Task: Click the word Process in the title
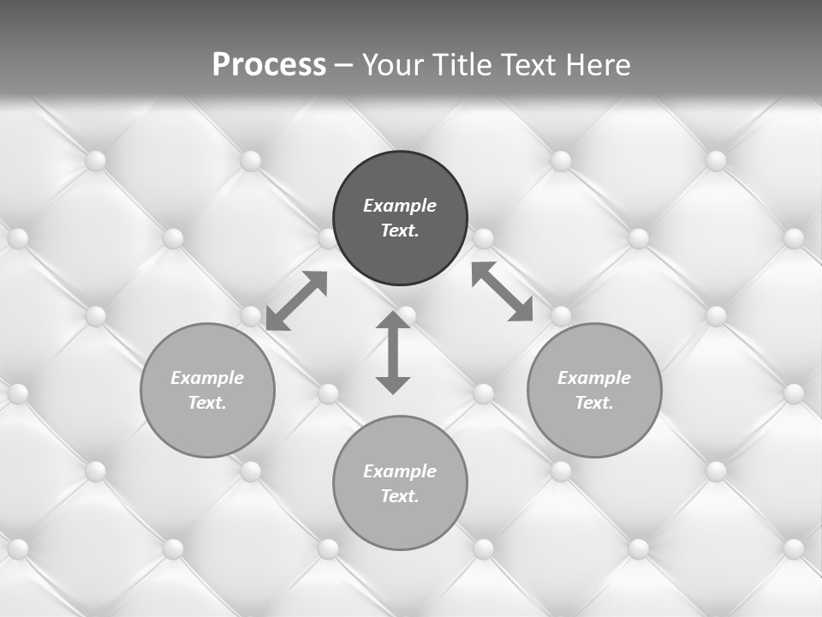269,65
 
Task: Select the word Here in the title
597,65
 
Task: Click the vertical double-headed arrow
393,352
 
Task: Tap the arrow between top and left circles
296,301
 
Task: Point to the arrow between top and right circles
503,291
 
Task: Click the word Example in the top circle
400,206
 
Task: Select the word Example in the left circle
207,378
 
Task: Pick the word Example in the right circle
594,378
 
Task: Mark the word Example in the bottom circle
400,471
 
